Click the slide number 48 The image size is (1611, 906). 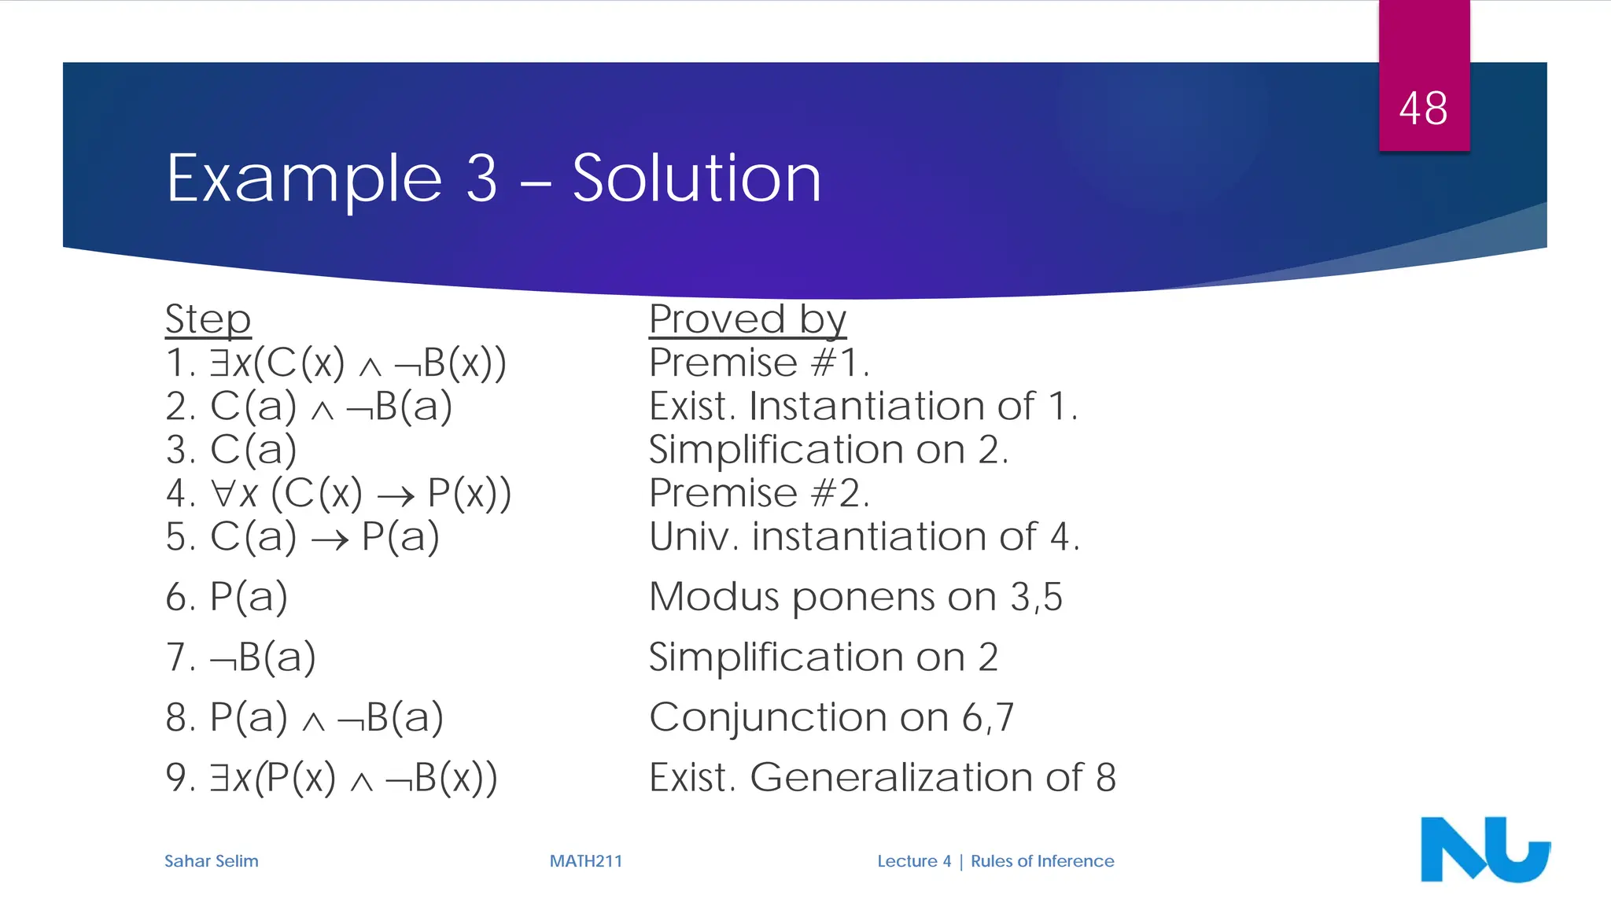1423,109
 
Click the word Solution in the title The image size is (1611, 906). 696,179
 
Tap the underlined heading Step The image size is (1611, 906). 208,319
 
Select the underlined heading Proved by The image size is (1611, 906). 747,319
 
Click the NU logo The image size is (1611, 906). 1484,849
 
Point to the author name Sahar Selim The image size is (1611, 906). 211,861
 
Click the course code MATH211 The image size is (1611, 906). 585,861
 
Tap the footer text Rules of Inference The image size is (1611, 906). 1042,861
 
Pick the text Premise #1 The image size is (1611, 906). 759,363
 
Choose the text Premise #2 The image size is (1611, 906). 759,494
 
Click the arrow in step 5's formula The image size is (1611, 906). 330,540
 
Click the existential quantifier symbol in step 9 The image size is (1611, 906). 219,778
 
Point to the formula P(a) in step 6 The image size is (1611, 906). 249,597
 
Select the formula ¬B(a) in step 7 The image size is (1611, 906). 263,657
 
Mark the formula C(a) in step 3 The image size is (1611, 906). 253,450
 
